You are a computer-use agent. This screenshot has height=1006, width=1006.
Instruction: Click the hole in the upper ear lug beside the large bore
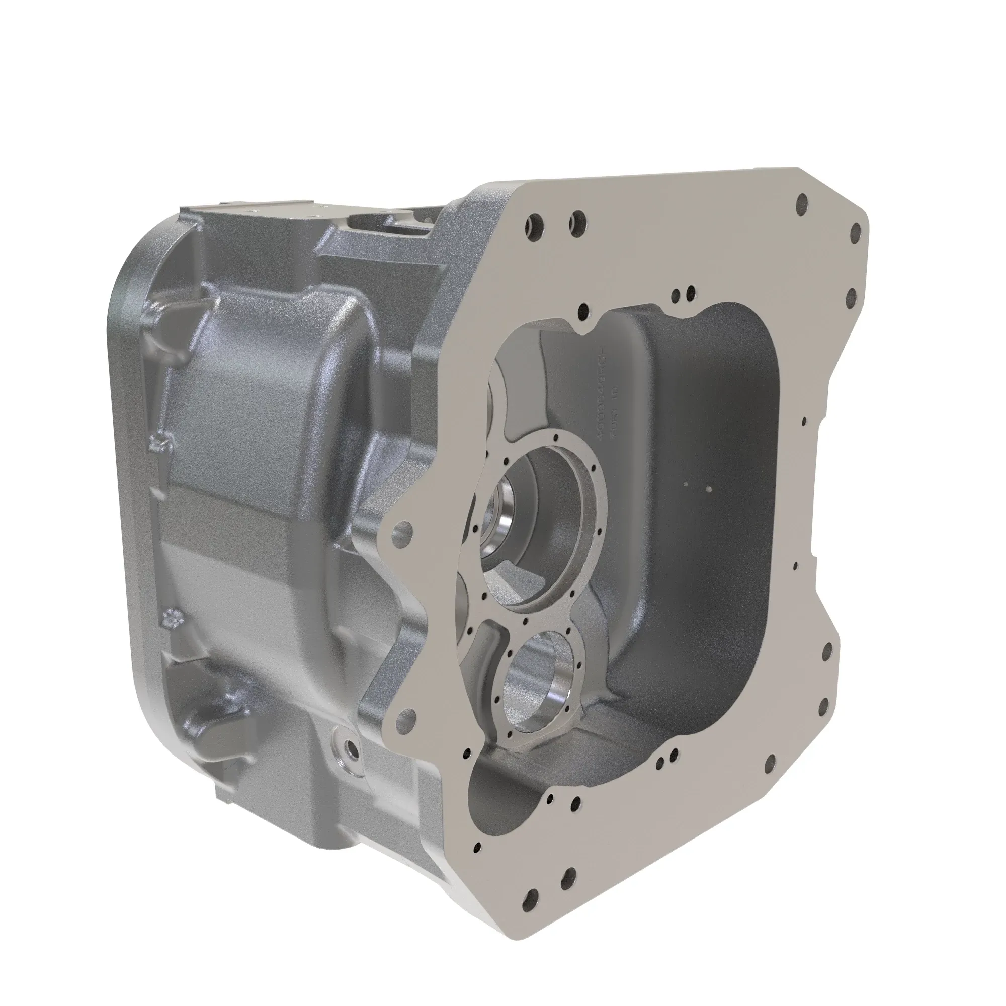(x=403, y=530)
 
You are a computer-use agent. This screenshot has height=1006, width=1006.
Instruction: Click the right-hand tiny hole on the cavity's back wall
(x=708, y=489)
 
